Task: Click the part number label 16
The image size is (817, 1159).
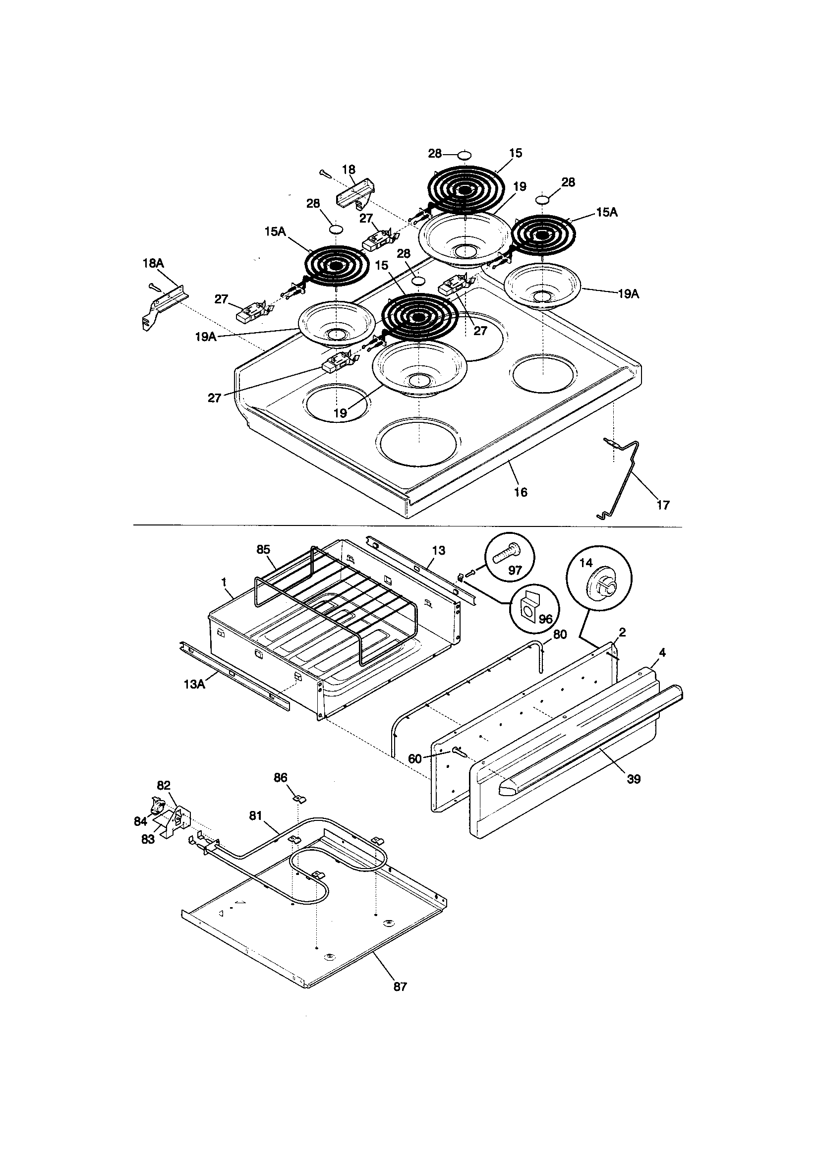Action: coord(520,492)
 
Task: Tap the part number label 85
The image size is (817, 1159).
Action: coord(263,550)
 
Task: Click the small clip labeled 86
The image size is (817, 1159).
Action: coord(299,799)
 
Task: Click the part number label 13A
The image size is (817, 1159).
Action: coord(194,684)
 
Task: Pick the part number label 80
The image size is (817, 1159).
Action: coord(560,635)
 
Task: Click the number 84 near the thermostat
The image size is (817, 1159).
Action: coord(140,821)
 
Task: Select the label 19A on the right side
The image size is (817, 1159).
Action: coord(628,294)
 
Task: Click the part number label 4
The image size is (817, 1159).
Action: coord(662,653)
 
